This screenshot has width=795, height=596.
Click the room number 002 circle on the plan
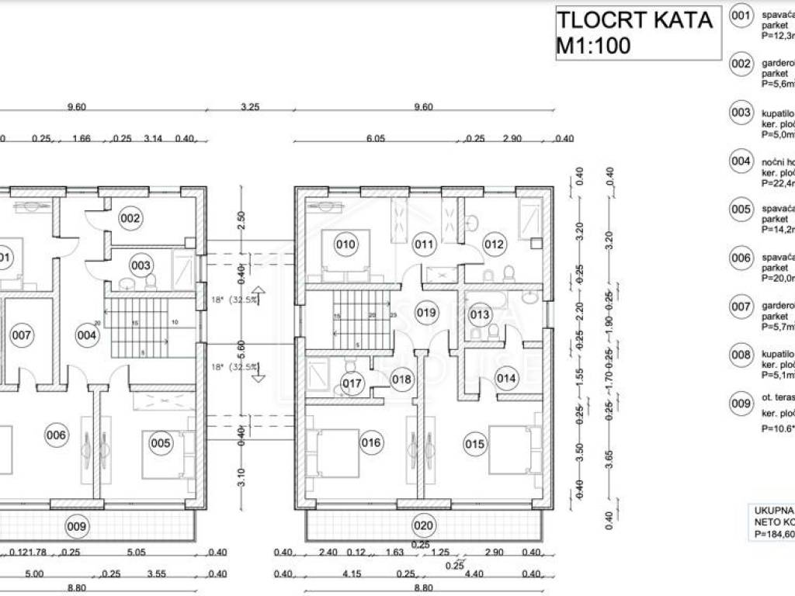[130, 218]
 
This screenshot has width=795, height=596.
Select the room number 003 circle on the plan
[141, 265]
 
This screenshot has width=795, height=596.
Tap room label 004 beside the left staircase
[87, 335]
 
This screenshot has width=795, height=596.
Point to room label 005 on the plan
[161, 443]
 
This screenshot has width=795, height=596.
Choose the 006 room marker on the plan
[56, 435]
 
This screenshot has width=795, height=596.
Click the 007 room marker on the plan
[21, 335]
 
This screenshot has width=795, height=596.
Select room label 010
[345, 245]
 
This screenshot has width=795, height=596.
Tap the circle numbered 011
[423, 245]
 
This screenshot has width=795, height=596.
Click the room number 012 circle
[495, 245]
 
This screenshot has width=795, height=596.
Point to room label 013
[480, 314]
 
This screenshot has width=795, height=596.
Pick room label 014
[506, 379]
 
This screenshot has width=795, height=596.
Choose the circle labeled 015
[475, 444]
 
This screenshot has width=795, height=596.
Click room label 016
[371, 443]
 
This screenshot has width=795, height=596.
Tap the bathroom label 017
[352, 383]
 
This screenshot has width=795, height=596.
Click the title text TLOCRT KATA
[634, 19]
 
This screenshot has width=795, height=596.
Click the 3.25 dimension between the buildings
[250, 107]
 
